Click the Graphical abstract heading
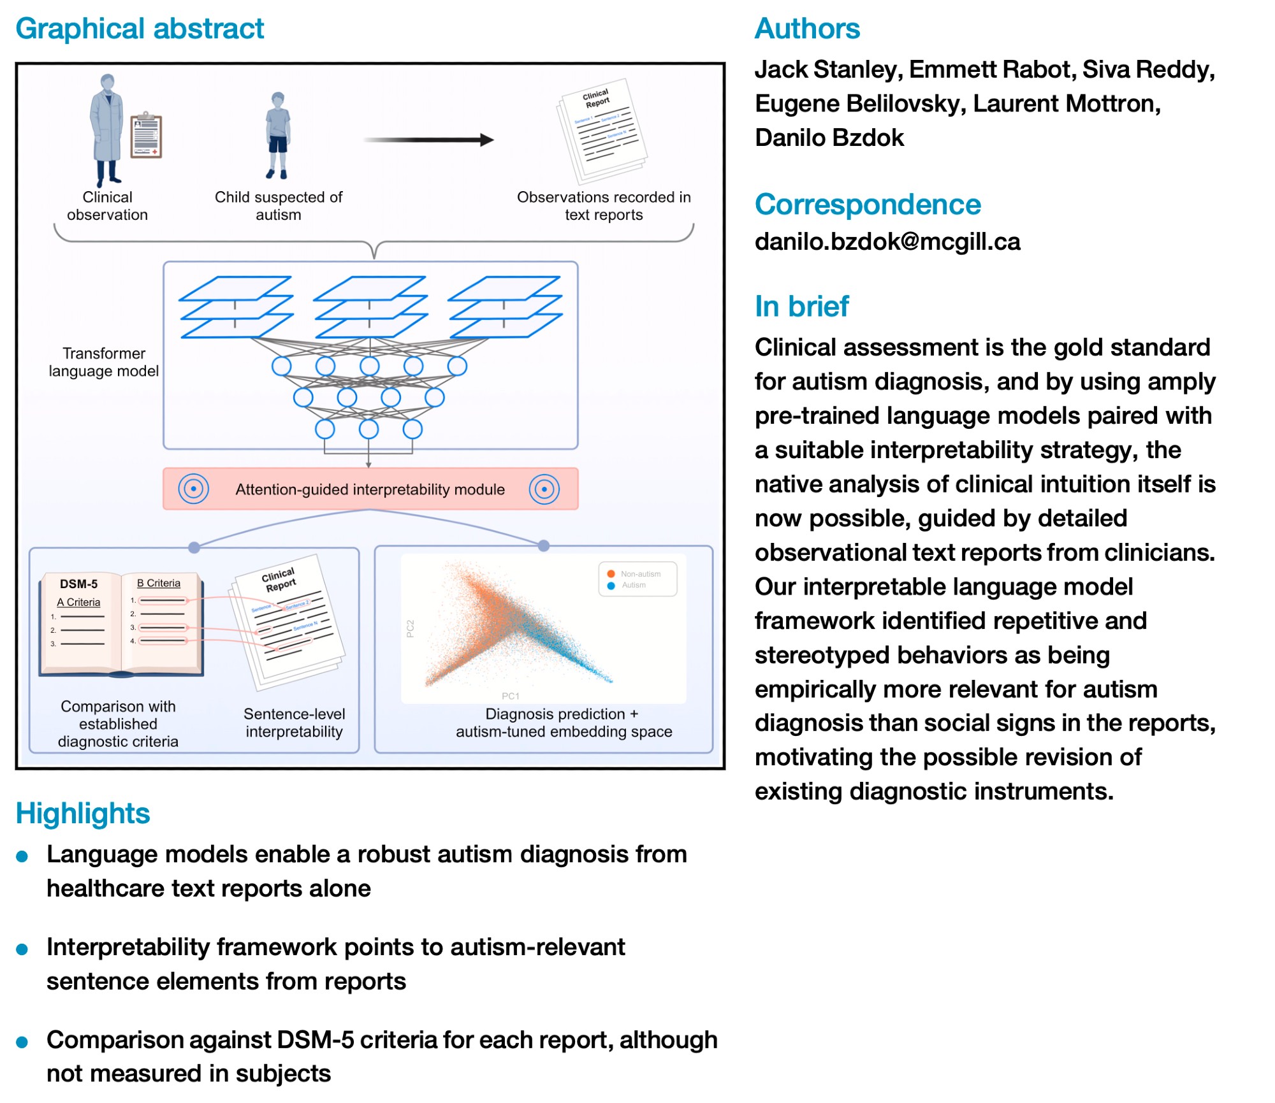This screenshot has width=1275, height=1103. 140,29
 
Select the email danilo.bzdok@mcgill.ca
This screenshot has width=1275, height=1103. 887,242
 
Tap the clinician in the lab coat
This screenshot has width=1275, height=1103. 106,127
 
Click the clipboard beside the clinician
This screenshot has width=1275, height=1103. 146,135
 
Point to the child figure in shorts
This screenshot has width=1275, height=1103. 278,134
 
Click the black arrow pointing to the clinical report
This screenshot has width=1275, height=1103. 428,140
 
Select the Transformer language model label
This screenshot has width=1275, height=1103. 104,362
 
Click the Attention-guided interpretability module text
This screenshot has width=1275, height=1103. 370,489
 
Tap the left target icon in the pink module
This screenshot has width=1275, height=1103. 193,489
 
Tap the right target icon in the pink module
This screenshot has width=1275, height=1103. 544,489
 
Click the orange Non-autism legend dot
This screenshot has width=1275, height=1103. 611,573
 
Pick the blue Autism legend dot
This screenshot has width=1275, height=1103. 611,585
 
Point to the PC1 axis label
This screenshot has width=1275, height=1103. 510,696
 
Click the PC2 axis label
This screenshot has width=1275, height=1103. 411,628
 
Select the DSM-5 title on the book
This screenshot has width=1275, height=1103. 78,584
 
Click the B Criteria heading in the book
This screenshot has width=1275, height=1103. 158,583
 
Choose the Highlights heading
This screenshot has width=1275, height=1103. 83,814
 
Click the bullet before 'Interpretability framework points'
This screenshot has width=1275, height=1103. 22,949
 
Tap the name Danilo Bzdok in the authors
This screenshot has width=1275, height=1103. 829,138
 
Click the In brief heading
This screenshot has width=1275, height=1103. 801,306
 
